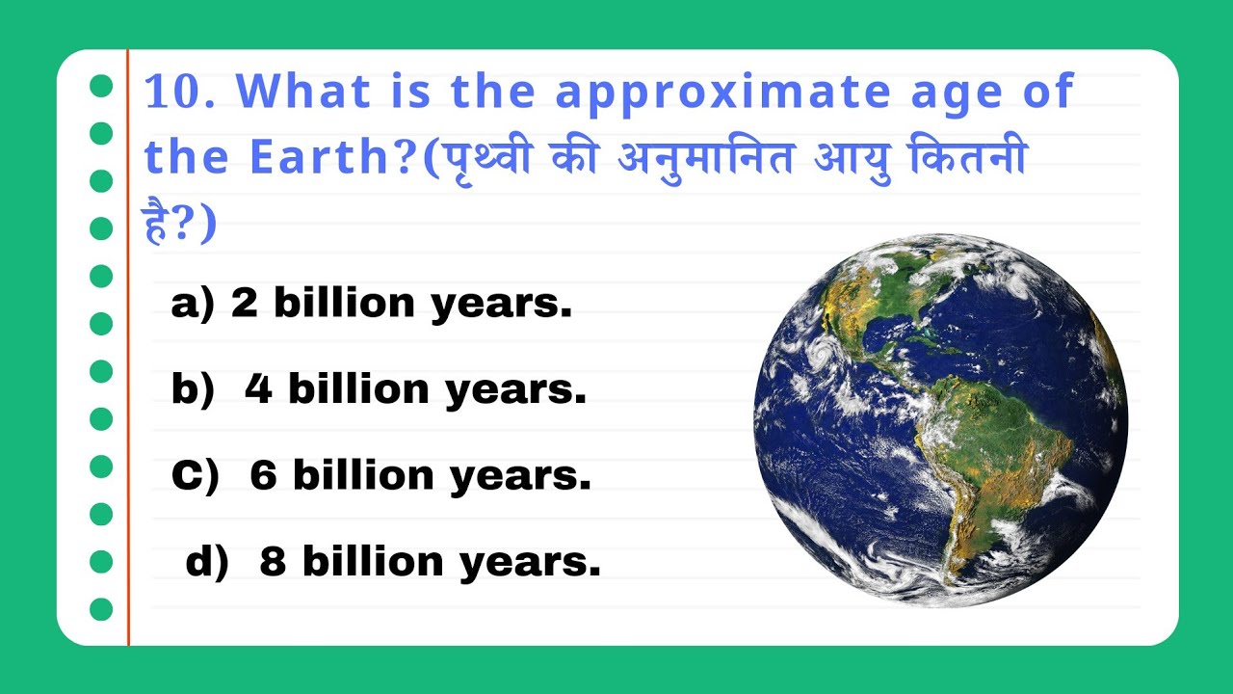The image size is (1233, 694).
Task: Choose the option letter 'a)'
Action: tap(192, 304)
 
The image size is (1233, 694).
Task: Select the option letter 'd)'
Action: tap(206, 562)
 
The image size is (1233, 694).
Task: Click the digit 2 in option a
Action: tap(245, 304)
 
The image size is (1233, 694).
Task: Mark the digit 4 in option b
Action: tap(258, 389)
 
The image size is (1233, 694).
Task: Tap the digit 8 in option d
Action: tap(274, 562)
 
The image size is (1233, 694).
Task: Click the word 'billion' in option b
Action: tap(357, 389)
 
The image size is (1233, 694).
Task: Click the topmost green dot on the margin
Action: tap(101, 86)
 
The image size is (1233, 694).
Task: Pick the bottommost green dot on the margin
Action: tap(101, 609)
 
